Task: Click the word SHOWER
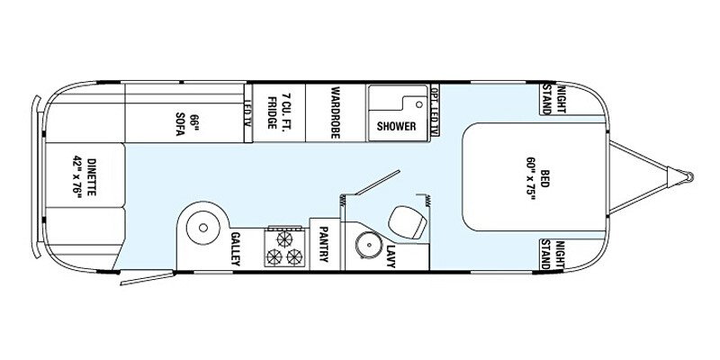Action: click(396, 126)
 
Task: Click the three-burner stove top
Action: click(285, 247)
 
